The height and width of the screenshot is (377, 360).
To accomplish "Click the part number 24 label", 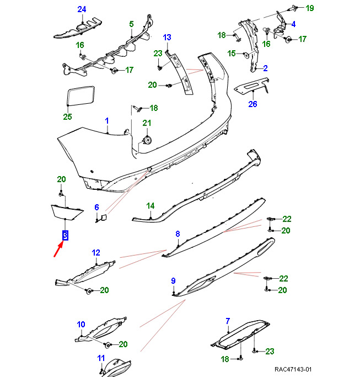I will point(82,9).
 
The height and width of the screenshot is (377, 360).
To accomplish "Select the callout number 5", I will point(131,24).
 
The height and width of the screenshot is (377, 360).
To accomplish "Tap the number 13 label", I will point(167,37).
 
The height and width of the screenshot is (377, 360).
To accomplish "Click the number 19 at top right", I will point(309,8).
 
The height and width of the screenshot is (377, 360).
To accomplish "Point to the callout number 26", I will point(252,104).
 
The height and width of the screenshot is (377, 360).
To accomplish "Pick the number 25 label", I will point(68,116).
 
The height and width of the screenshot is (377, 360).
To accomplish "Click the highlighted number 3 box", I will point(65,236).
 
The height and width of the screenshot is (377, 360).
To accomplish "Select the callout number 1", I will point(107,120).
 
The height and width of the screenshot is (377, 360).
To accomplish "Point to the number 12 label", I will point(96,253).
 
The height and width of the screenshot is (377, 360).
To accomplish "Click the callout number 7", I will point(228,321).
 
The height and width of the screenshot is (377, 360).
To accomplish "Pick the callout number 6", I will point(96,208).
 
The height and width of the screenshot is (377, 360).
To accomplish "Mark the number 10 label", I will point(81,324).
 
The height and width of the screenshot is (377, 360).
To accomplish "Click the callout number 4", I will point(293,24).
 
